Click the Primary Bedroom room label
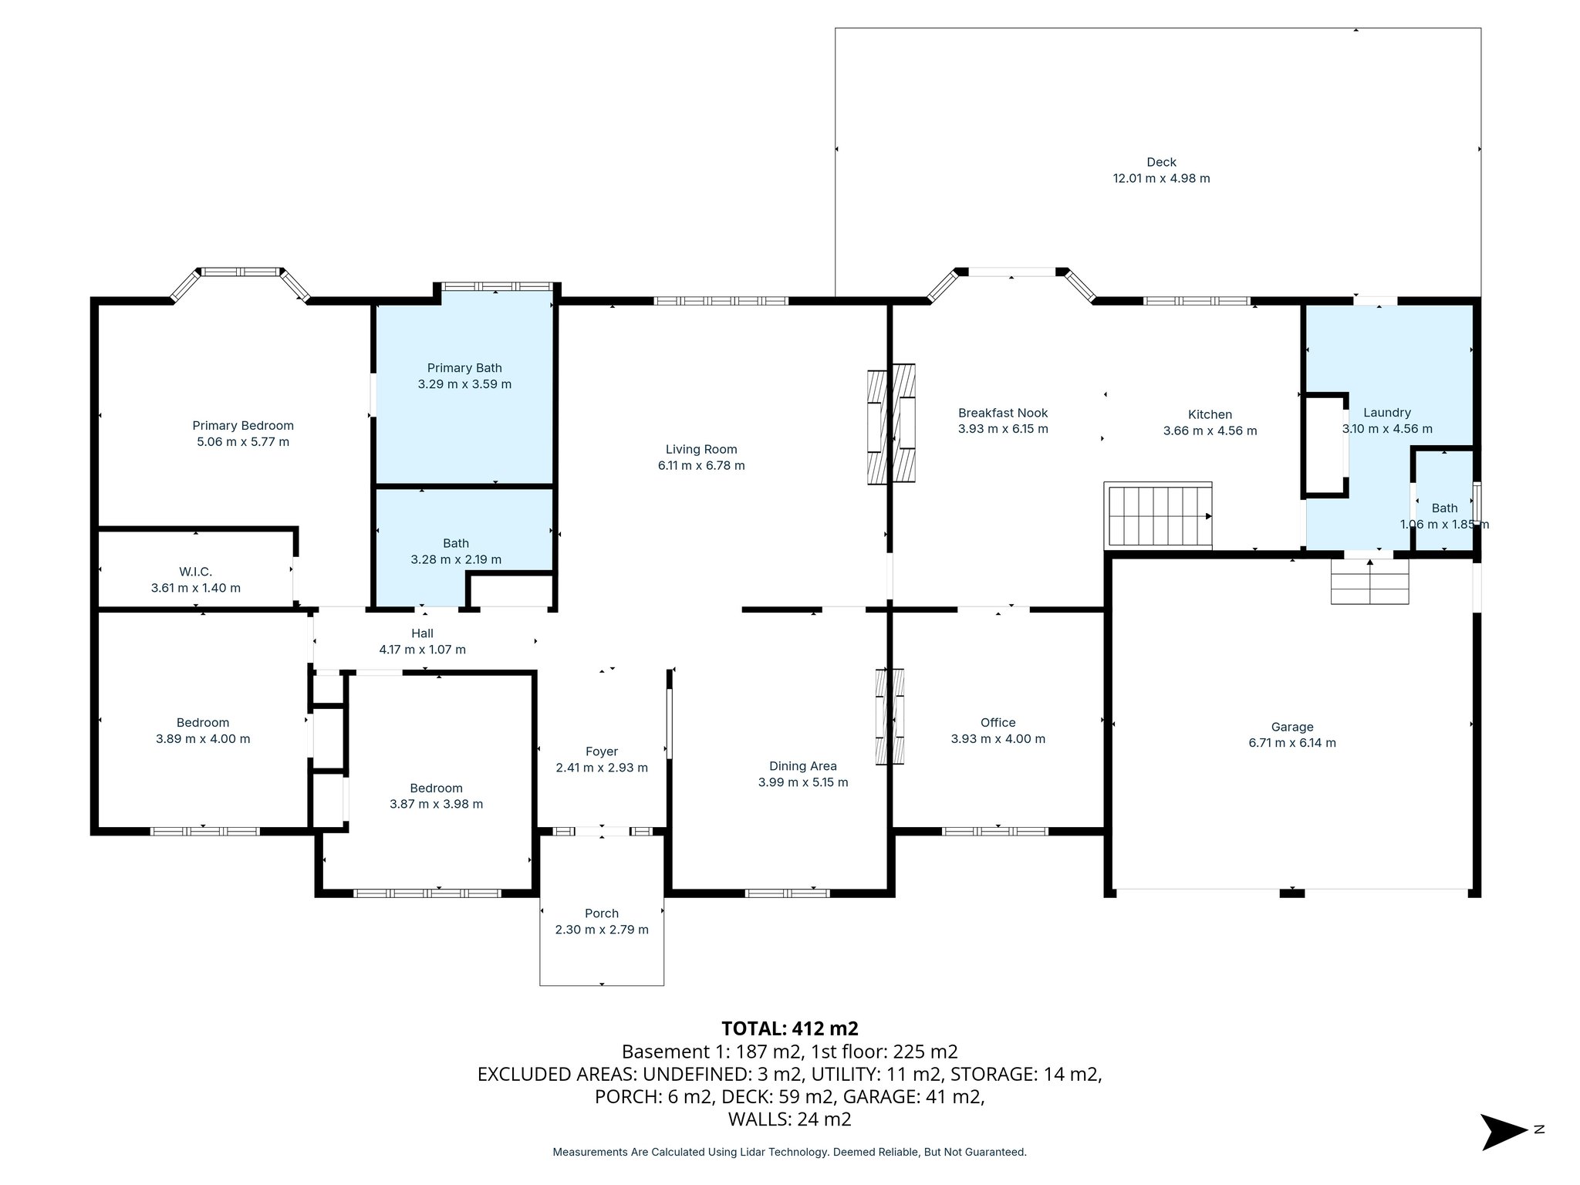tap(243, 425)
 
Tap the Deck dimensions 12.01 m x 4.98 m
tap(1160, 178)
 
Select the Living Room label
tap(701, 449)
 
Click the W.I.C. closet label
tap(195, 572)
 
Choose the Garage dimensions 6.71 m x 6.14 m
tap(1291, 743)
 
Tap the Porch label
tap(601, 913)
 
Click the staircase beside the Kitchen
tap(1159, 515)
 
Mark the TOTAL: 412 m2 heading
tap(789, 1028)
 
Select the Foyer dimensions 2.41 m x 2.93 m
tap(601, 768)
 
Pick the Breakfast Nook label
tap(1002, 413)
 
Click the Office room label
tap(998, 722)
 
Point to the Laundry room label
tap(1386, 413)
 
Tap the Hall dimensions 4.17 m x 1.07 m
tap(422, 650)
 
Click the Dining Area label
tap(802, 766)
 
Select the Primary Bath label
tap(464, 368)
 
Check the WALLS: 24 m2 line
tap(789, 1119)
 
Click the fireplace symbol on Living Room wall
tap(891, 424)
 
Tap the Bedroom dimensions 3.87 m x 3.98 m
tap(436, 804)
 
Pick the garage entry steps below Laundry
tap(1369, 582)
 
